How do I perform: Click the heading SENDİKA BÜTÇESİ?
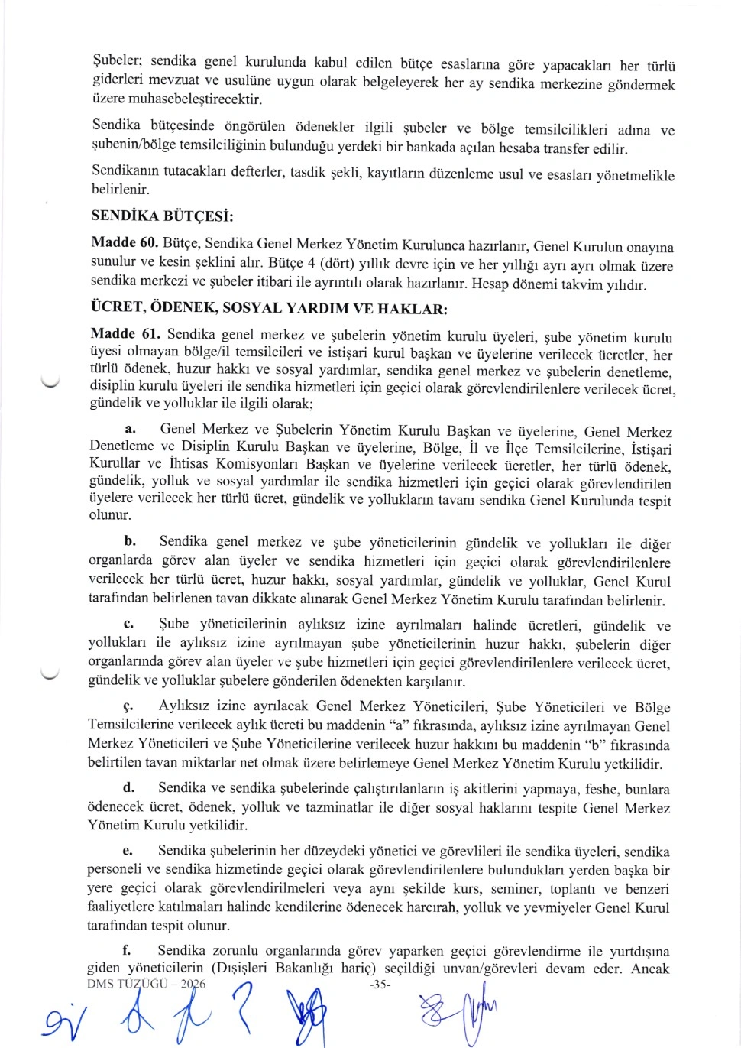coord(162,216)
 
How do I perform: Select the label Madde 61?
coord(125,333)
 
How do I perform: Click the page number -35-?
coord(379,985)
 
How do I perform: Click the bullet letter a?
coord(130,430)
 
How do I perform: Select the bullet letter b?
coord(130,541)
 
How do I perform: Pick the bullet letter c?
coord(129,625)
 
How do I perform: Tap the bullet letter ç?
coord(128,707)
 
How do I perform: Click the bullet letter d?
coord(128,787)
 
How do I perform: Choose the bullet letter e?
coord(128,851)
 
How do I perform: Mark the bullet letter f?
coord(127,950)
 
